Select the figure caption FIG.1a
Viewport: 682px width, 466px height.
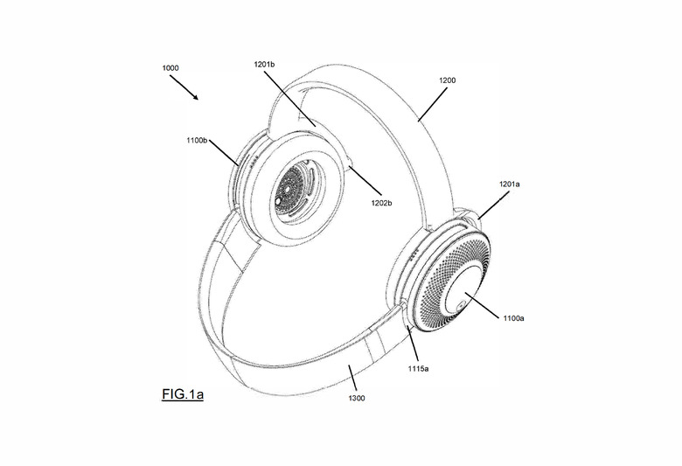pos(183,395)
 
